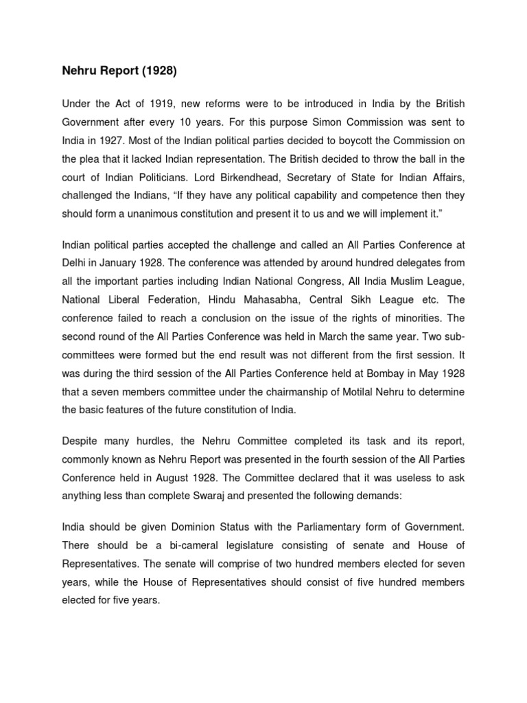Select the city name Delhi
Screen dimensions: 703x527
click(x=75, y=262)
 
